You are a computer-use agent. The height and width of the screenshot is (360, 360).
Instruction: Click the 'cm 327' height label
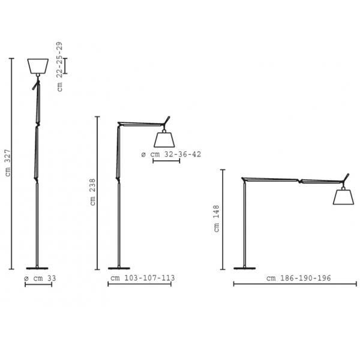coord(8,163)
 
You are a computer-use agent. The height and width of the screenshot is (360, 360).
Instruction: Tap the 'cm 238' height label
coord(92,192)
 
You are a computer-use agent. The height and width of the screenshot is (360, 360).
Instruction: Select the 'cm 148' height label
coord(217,218)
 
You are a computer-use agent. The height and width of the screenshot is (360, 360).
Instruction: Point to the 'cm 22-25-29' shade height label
coord(59,67)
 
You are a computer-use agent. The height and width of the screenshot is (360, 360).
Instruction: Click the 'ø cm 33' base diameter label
coord(40,278)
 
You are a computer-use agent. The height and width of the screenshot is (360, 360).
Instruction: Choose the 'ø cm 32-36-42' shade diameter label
coord(171,154)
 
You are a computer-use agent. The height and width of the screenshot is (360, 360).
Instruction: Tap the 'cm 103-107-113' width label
coord(143,278)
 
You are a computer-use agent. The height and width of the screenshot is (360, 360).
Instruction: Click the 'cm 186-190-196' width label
coord(298,278)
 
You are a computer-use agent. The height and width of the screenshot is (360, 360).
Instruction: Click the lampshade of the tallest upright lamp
coord(38,66)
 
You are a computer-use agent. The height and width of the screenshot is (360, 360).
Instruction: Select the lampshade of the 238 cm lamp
coord(164,140)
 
